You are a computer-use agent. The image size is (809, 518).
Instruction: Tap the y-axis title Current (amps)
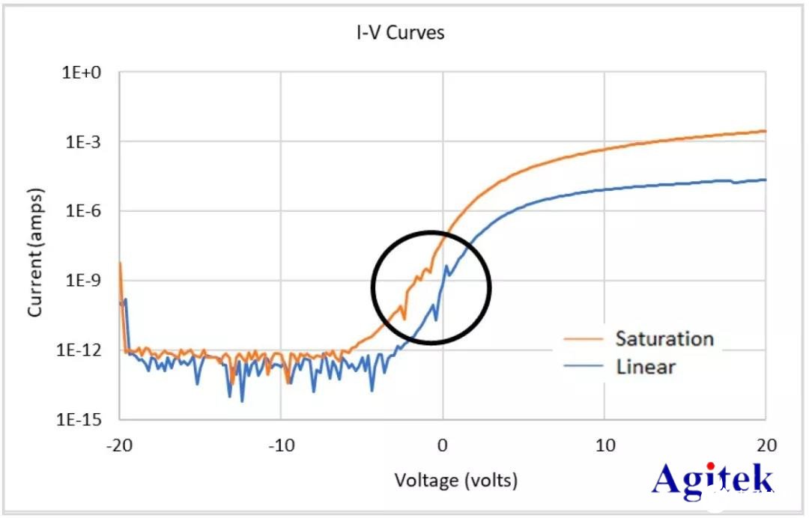pos(34,252)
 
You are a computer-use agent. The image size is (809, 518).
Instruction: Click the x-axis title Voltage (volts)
pos(456,480)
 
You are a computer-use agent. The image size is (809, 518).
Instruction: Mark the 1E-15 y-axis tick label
pos(85,419)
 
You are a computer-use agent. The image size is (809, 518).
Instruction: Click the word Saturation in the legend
pos(664,338)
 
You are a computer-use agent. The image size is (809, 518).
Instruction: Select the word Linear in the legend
pos(646,367)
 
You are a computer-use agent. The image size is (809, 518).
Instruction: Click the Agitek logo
pos(712,480)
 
